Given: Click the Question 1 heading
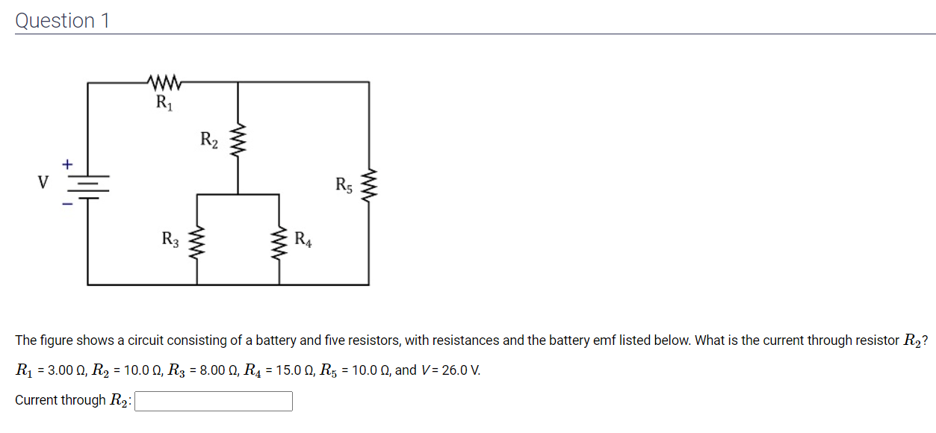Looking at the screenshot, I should tap(63, 20).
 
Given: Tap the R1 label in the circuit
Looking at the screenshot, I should tap(164, 103).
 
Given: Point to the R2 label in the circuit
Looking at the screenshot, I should tap(209, 139).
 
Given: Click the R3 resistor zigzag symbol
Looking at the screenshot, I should tap(198, 243).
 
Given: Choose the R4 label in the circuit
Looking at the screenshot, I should tap(303, 240).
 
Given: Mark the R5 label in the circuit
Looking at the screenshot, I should tap(344, 184).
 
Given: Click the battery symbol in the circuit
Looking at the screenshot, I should tap(88, 184).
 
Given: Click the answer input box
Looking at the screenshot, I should tap(213, 402).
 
